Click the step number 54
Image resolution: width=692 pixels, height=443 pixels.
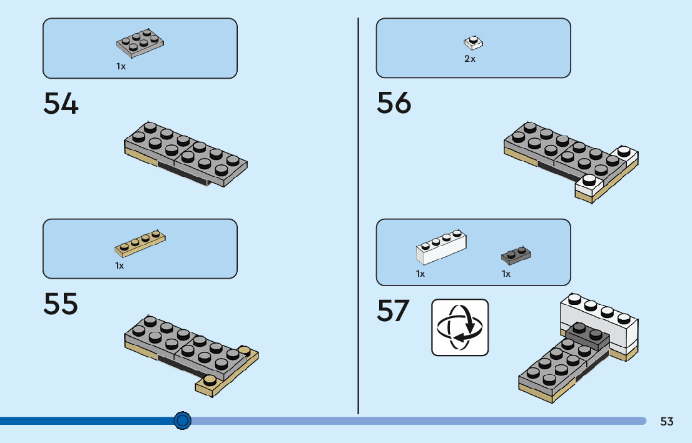tap(61, 103)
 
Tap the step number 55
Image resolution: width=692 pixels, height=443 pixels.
tap(61, 304)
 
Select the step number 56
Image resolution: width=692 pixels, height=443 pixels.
tap(394, 102)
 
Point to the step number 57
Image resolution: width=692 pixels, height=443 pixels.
tap(393, 311)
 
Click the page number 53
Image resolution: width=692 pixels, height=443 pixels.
tap(667, 421)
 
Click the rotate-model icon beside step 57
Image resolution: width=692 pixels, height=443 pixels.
tap(460, 327)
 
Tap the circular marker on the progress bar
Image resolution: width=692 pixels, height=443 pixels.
tap(182, 421)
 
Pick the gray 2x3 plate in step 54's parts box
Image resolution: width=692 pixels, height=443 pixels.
tap(140, 44)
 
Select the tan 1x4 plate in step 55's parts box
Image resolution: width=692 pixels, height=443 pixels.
tap(140, 244)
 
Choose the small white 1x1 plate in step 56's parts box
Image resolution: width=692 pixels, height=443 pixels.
tap(473, 43)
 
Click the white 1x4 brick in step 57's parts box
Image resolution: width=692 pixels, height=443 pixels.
tap(441, 247)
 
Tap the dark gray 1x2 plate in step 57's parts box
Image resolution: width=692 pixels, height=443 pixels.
tap(516, 256)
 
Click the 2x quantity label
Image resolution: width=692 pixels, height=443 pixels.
tap(469, 59)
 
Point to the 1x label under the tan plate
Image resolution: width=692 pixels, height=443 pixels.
tap(120, 266)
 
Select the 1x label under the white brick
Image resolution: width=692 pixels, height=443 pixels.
tap(420, 274)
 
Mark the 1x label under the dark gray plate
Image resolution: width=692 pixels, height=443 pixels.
tap(506, 274)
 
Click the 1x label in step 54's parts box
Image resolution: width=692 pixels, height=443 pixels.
tap(121, 66)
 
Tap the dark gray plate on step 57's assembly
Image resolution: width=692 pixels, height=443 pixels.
tap(588, 336)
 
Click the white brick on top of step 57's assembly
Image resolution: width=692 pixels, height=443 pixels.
tap(599, 321)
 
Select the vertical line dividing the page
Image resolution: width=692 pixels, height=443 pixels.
tap(358, 216)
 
